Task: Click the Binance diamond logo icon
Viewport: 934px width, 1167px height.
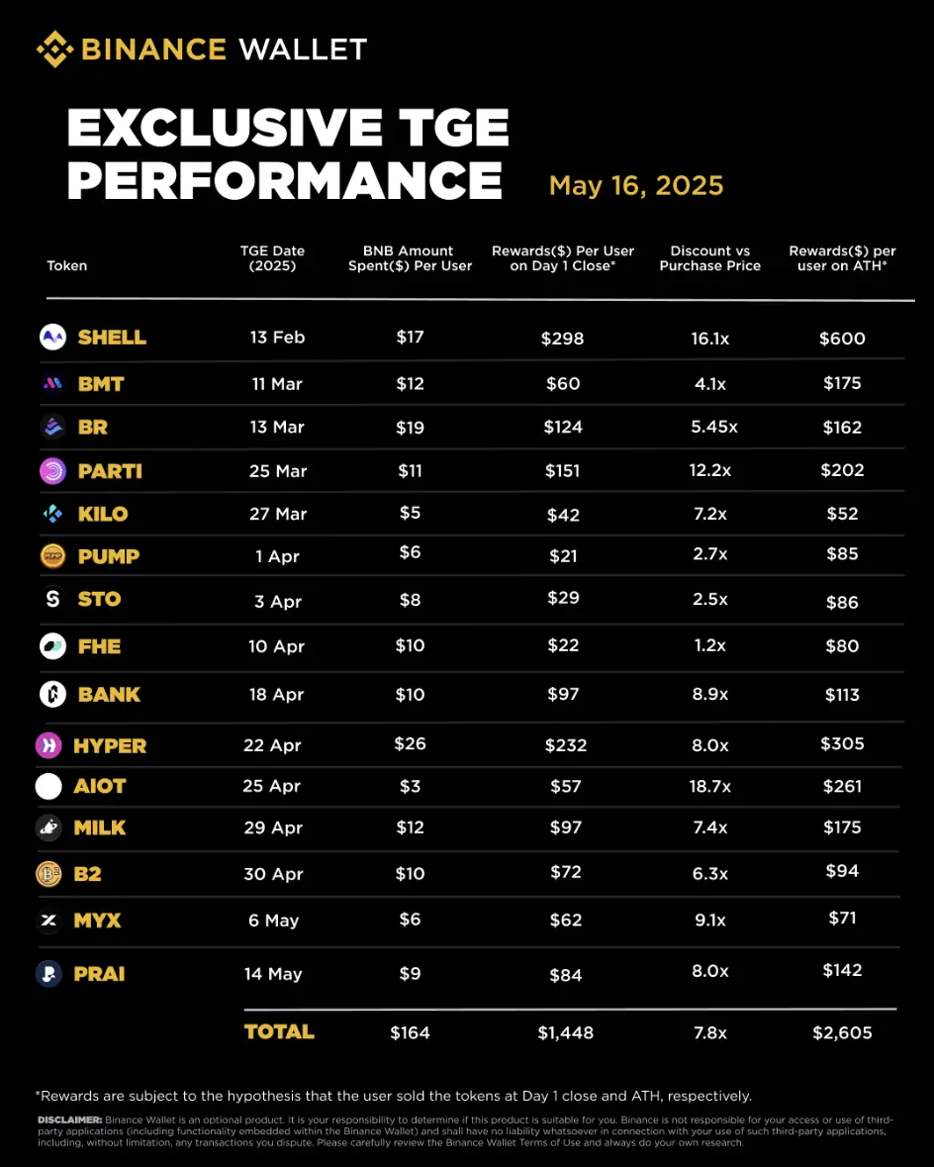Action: (x=53, y=49)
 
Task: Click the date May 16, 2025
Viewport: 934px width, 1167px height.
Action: (x=636, y=185)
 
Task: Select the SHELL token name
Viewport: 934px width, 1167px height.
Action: (x=112, y=338)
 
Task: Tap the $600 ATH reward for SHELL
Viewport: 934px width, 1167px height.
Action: (x=842, y=339)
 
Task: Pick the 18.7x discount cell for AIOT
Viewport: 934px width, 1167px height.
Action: (x=710, y=786)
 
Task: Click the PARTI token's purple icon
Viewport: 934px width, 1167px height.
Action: (x=52, y=471)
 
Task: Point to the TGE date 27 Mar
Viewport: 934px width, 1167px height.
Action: (x=278, y=514)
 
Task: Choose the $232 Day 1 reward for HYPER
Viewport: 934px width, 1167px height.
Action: (x=565, y=744)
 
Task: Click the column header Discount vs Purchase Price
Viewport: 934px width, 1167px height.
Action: (x=710, y=258)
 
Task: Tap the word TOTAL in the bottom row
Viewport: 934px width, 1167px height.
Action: (x=279, y=1031)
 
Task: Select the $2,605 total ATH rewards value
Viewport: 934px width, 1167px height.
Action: (x=842, y=1032)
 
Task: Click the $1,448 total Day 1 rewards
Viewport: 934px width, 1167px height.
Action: (x=565, y=1032)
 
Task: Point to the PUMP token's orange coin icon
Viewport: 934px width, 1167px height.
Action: (x=52, y=556)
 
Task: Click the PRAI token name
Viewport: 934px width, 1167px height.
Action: (x=99, y=974)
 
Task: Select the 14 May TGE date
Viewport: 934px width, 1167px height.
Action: (x=273, y=974)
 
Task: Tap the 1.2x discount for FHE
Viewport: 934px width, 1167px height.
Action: (x=710, y=645)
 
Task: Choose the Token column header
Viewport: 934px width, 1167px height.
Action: (x=66, y=265)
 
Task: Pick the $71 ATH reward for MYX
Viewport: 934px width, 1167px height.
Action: (x=842, y=919)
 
